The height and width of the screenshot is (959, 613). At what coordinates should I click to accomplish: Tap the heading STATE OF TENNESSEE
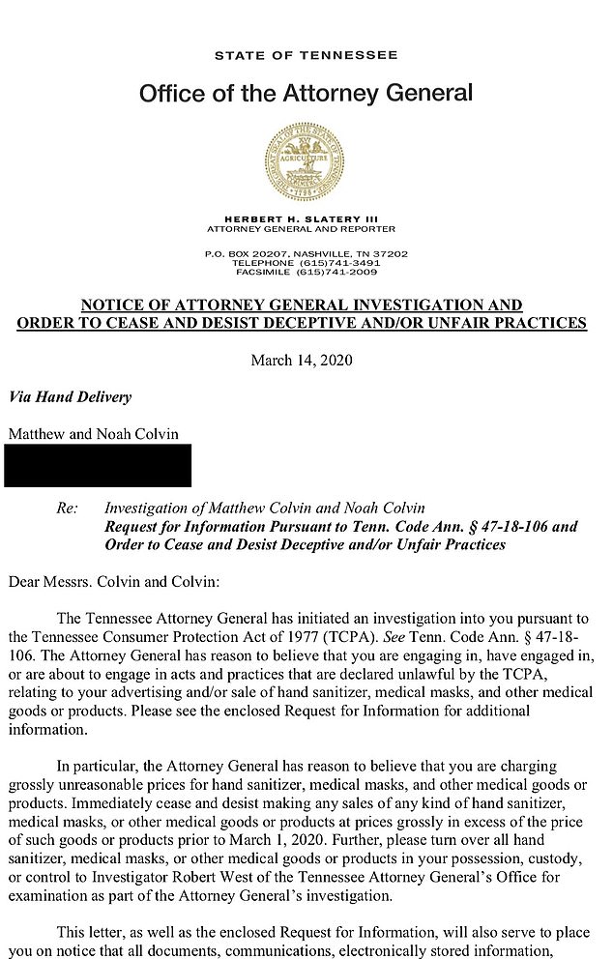[306, 56]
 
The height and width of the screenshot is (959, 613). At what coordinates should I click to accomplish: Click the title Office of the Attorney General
[306, 94]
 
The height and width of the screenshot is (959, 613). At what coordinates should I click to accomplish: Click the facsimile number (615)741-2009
[339, 272]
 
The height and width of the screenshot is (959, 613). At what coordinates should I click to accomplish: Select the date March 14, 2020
[302, 361]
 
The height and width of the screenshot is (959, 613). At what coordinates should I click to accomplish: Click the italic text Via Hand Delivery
[70, 397]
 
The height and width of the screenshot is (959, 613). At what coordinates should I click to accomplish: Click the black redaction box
[98, 465]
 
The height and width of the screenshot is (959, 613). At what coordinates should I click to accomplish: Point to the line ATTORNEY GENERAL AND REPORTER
[302, 230]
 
